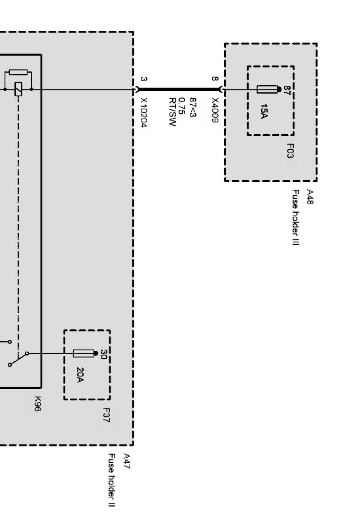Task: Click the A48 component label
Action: [x=310, y=197]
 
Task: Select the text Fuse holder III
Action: [x=296, y=217]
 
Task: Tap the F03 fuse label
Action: [x=290, y=151]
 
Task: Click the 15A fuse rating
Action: [x=264, y=111]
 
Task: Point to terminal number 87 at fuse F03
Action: [x=287, y=90]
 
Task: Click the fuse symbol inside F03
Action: [x=267, y=89]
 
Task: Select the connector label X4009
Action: [x=215, y=110]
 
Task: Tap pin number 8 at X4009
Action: [x=215, y=79]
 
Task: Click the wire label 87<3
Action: [x=193, y=107]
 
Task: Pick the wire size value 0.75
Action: [x=181, y=106]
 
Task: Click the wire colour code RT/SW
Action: [x=173, y=112]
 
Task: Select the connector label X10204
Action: [x=144, y=112]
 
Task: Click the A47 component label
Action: [x=127, y=461]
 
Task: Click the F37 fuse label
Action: [x=106, y=415]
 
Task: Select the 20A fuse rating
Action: [x=80, y=374]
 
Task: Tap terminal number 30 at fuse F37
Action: [x=103, y=354]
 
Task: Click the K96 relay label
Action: [x=37, y=404]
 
